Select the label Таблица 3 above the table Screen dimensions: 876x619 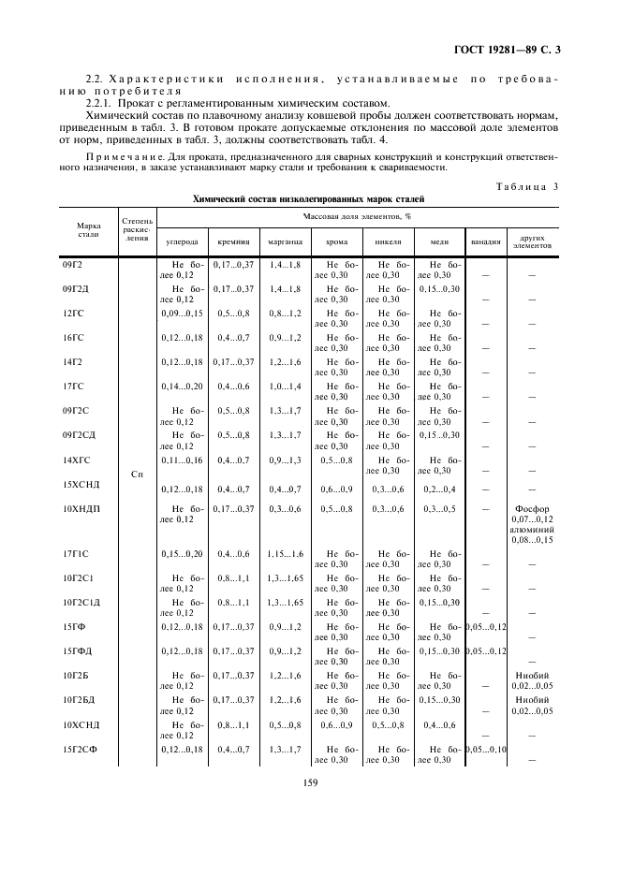click(528, 186)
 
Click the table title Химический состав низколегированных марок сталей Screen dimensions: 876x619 click(308, 199)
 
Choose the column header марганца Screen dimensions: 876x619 click(284, 241)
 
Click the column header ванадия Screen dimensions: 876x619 click(485, 241)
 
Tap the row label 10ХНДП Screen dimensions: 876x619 click(80, 508)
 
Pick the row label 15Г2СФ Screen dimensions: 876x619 click(80, 749)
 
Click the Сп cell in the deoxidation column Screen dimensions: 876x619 click(137, 474)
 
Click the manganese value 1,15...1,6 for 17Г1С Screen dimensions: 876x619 click(284, 554)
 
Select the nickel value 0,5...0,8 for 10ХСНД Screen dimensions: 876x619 click(388, 724)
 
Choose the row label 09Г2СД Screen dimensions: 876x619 click(81, 434)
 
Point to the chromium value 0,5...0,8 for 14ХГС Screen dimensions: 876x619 click(336, 460)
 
